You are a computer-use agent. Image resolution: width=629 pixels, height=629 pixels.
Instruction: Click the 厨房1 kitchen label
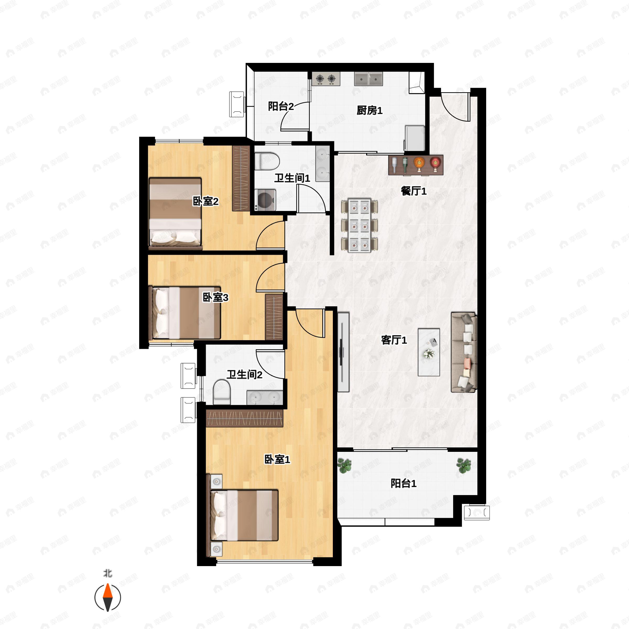click(369, 111)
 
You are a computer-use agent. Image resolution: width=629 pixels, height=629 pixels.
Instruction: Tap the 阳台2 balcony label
click(281, 106)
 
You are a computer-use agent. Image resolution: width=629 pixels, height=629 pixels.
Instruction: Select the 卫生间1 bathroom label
click(292, 178)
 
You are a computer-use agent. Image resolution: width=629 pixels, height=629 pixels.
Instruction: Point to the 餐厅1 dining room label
click(414, 191)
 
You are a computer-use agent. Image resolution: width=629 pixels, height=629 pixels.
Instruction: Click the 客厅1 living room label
click(394, 340)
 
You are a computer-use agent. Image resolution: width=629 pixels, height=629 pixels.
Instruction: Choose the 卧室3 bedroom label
click(215, 297)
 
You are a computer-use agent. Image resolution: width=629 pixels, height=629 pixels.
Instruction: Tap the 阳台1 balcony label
click(403, 484)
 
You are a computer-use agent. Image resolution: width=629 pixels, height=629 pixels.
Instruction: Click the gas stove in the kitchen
click(326, 79)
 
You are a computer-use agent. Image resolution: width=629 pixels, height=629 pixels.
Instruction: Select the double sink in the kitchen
click(368, 79)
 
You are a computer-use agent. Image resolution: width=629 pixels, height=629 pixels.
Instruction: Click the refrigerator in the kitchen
click(414, 138)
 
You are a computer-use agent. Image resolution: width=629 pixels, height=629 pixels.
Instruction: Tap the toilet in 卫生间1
click(267, 161)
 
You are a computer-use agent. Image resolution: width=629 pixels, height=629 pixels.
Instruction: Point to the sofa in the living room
click(464, 352)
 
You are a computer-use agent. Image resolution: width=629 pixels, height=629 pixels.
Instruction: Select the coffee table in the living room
click(429, 352)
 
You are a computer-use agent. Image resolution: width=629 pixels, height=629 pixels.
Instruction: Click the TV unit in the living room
click(343, 352)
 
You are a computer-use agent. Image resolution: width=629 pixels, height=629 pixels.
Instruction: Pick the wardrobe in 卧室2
click(241, 178)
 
